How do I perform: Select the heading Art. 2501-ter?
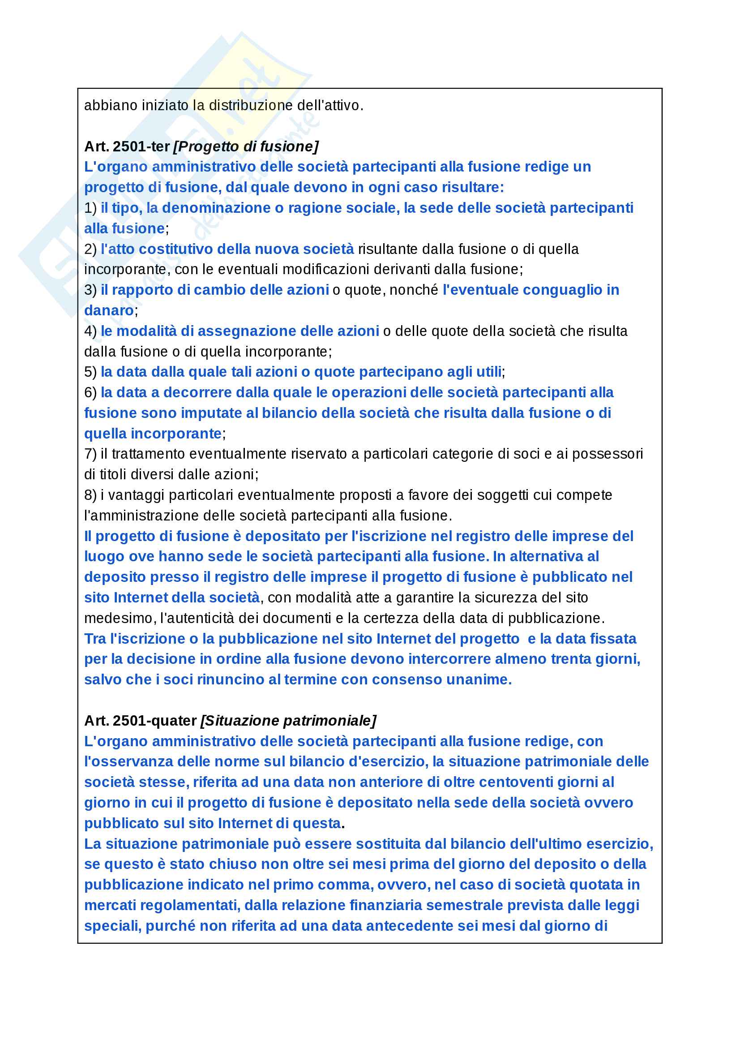(127, 146)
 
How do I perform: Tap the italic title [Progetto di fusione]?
(246, 146)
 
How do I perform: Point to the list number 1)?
(90, 208)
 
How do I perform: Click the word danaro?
(109, 311)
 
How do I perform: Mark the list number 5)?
(90, 372)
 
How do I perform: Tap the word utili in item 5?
(489, 372)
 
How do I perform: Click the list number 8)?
(90, 495)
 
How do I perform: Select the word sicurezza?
(493, 598)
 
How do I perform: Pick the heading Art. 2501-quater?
(140, 721)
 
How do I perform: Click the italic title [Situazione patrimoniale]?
(288, 721)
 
